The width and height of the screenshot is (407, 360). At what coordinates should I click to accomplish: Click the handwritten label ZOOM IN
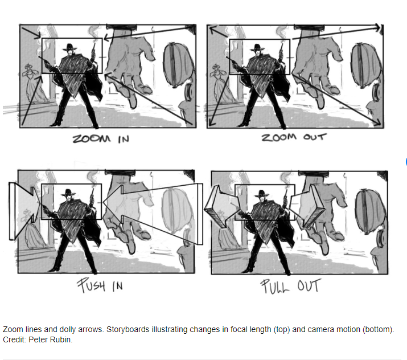(x=101, y=138)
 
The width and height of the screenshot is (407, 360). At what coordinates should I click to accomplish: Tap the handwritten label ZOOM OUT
(x=294, y=137)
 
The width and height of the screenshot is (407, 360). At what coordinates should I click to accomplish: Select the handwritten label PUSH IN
(x=100, y=285)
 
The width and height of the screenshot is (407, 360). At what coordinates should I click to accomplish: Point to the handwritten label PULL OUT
(x=291, y=286)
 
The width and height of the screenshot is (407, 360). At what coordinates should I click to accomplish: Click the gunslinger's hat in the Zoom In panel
(x=69, y=47)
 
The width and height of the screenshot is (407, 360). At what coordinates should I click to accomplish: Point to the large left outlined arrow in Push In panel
(x=24, y=211)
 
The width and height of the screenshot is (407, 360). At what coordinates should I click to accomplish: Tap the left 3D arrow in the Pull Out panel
(x=221, y=207)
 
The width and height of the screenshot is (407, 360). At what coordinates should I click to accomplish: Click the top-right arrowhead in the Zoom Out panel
(x=380, y=27)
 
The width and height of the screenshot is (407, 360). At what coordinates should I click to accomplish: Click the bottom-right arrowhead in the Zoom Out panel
(x=377, y=122)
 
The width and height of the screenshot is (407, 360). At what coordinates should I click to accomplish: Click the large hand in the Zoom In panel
(x=130, y=66)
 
